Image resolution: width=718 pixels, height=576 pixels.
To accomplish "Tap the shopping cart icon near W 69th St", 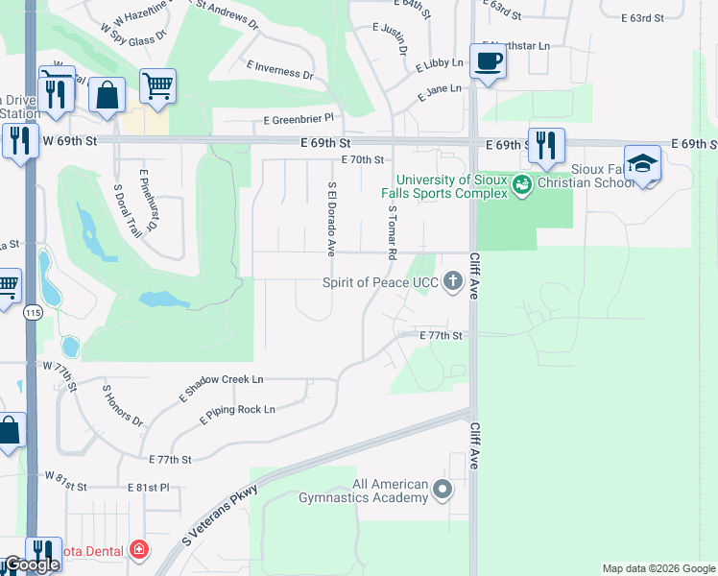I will pos(158,85).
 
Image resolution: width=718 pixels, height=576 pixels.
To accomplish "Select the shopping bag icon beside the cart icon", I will pos(107,95).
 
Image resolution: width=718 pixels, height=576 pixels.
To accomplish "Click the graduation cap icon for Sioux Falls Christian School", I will pos(642,163).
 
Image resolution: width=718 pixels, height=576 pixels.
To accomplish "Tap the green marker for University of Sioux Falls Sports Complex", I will pos(522,182).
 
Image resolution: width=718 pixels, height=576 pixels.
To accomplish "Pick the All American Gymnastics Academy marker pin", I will pos(443,491).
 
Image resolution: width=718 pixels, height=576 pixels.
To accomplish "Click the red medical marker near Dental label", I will pos(140,550).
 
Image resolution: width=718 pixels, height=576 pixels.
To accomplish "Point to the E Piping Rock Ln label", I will pos(237,415).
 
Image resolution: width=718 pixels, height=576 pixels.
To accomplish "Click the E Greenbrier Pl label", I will pos(303,118).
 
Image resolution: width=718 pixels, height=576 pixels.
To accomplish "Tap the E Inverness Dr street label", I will pos(280,69).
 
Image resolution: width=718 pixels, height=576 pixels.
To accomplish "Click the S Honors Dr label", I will pos(123,406).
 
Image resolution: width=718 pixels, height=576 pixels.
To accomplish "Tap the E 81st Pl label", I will pos(148,488).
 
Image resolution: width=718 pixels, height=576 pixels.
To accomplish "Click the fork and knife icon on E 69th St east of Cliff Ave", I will pos(546,145).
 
